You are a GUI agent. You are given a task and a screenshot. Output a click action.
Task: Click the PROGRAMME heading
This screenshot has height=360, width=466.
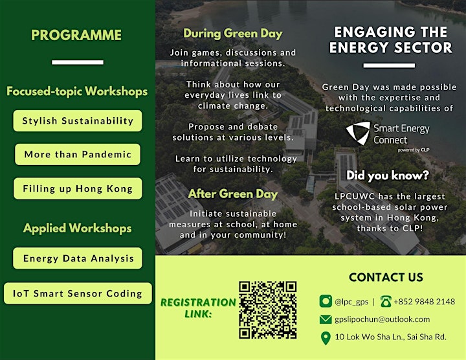click(76, 35)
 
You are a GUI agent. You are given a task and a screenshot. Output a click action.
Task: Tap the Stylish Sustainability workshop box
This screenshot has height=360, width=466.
click(78, 120)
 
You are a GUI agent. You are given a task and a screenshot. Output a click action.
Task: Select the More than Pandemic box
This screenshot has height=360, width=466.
click(78, 154)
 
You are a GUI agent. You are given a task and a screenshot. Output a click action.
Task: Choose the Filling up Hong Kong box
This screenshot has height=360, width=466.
click(78, 188)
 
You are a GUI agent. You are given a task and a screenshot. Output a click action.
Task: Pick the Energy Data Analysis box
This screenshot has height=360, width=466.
click(78, 258)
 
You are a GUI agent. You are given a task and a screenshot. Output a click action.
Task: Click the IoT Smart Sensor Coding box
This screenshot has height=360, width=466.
click(78, 293)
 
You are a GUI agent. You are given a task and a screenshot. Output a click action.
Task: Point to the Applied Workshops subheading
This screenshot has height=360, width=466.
click(77, 229)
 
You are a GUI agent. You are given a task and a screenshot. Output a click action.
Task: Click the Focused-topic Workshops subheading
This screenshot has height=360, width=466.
click(77, 91)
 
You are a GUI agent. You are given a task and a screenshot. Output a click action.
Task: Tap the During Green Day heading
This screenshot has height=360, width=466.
click(233, 34)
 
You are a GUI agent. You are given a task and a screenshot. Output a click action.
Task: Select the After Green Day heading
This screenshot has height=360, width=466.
click(233, 194)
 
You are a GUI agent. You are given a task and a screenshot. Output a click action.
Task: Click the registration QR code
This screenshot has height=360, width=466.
click(268, 310)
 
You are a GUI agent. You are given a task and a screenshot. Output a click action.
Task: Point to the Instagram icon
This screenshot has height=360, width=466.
click(326, 301)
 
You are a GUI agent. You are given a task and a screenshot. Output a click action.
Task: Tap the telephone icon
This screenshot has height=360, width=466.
click(386, 301)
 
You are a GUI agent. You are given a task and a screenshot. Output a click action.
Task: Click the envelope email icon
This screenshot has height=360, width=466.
click(326, 320)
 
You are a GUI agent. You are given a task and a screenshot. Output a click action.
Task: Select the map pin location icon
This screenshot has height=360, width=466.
click(326, 338)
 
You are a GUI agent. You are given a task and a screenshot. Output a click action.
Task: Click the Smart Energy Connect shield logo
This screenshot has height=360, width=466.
click(358, 133)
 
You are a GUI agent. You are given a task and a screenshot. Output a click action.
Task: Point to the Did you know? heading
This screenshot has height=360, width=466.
click(388, 175)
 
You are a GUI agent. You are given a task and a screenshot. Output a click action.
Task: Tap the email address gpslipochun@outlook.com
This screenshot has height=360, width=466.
click(383, 319)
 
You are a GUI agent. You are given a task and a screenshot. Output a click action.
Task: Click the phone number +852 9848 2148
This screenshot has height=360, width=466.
click(425, 302)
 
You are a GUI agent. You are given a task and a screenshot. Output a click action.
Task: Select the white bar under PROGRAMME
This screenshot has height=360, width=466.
click(78, 62)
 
